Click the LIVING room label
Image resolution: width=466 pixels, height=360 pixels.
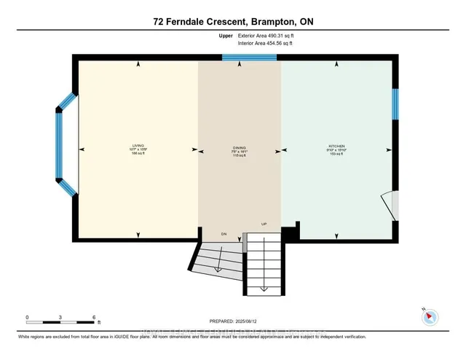(x=138, y=146)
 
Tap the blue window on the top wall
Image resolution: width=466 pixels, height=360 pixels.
(x=240, y=58)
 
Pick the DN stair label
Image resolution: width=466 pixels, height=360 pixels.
(x=225, y=235)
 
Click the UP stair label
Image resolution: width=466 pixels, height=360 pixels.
(x=264, y=224)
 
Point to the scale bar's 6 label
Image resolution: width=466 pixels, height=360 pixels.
(x=95, y=317)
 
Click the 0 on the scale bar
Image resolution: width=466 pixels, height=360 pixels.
(x=27, y=317)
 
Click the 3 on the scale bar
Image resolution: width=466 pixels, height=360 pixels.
(x=61, y=317)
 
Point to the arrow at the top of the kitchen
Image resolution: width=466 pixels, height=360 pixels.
(x=336, y=65)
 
